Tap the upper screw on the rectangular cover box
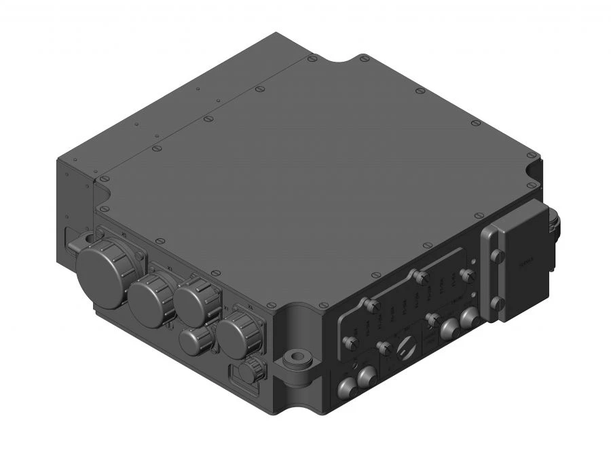tap(497, 256)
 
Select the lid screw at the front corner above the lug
tap(271, 305)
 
